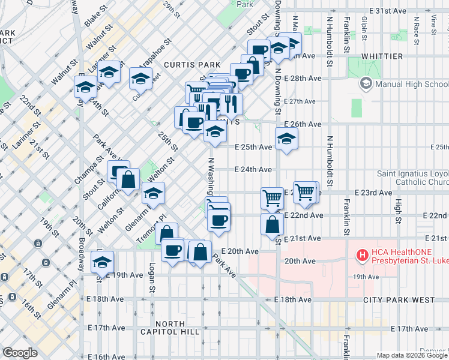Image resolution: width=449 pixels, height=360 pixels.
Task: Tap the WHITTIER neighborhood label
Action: [x=382, y=56]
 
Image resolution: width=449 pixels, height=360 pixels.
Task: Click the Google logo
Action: [x=20, y=353]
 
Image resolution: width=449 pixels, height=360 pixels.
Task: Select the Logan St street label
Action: [x=152, y=278]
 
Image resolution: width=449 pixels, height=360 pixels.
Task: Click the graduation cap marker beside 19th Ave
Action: [x=103, y=262]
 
